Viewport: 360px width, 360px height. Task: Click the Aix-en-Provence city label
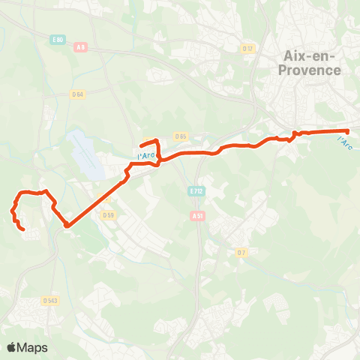pyautogui.click(x=313, y=62)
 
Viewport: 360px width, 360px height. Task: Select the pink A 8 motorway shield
pyautogui.click(x=80, y=46)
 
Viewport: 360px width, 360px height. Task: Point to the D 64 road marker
pyautogui.click(x=77, y=94)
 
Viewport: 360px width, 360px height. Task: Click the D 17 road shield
pyautogui.click(x=248, y=49)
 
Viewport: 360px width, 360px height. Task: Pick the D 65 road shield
pyautogui.click(x=181, y=136)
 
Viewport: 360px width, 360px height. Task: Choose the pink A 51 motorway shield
pyautogui.click(x=197, y=215)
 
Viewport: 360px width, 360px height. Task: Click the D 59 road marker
pyautogui.click(x=107, y=215)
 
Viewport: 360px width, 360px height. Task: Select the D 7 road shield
pyautogui.click(x=241, y=252)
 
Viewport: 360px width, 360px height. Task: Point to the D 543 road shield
pyautogui.click(x=50, y=301)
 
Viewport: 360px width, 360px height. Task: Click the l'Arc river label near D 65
pyautogui.click(x=147, y=155)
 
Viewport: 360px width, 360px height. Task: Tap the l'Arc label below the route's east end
pyautogui.click(x=343, y=140)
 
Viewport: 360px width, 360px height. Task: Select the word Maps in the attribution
pyautogui.click(x=33, y=347)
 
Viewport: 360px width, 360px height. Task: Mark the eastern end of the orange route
pyautogui.click(x=348, y=132)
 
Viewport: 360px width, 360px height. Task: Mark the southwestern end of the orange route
pyautogui.click(x=23, y=229)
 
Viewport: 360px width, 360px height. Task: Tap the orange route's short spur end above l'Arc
pyautogui.click(x=141, y=145)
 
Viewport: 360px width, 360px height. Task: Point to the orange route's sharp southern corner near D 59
pyautogui.click(x=67, y=224)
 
